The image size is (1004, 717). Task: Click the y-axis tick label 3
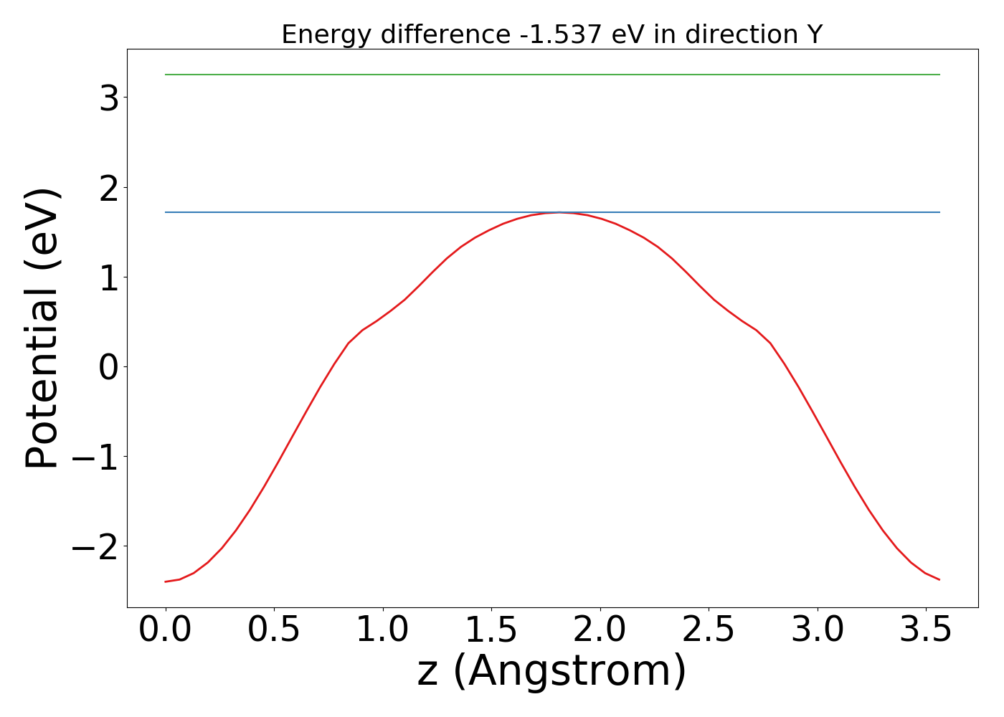pos(109,98)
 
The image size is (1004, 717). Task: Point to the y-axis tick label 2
pos(109,188)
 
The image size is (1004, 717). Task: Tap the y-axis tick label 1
pos(109,277)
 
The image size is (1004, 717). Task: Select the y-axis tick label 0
pos(109,367)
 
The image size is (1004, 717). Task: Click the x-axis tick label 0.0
pos(166,630)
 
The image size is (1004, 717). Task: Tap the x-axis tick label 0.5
pos(274,630)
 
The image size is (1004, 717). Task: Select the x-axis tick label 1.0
pos(383,630)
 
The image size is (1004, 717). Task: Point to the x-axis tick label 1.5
pos(491,630)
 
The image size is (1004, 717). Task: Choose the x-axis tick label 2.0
pos(600,630)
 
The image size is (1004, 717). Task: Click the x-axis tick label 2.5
pos(709,630)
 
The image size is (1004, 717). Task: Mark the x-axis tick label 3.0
pos(817,630)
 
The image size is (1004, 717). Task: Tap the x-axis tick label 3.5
pos(925,630)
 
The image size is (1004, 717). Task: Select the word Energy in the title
pos(327,34)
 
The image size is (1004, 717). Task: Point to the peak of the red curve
pos(560,212)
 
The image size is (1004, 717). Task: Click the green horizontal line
pos(552,75)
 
